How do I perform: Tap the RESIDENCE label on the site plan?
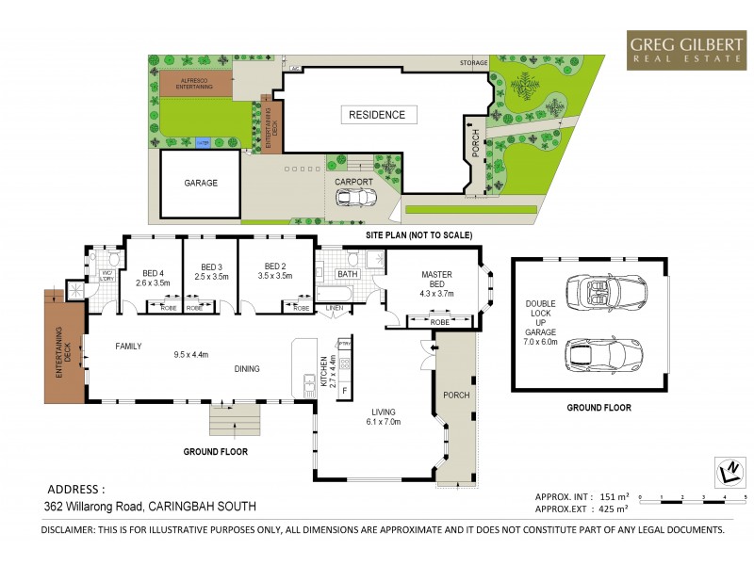click(377, 115)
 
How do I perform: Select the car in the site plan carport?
click(355, 198)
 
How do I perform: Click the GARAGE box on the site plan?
click(200, 183)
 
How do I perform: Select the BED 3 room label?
click(210, 272)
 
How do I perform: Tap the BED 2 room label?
click(275, 272)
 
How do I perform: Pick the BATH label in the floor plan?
click(349, 275)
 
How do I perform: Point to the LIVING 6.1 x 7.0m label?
click(383, 417)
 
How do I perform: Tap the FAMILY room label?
click(128, 347)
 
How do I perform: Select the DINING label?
click(247, 369)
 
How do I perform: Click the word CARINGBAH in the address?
click(181, 506)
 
